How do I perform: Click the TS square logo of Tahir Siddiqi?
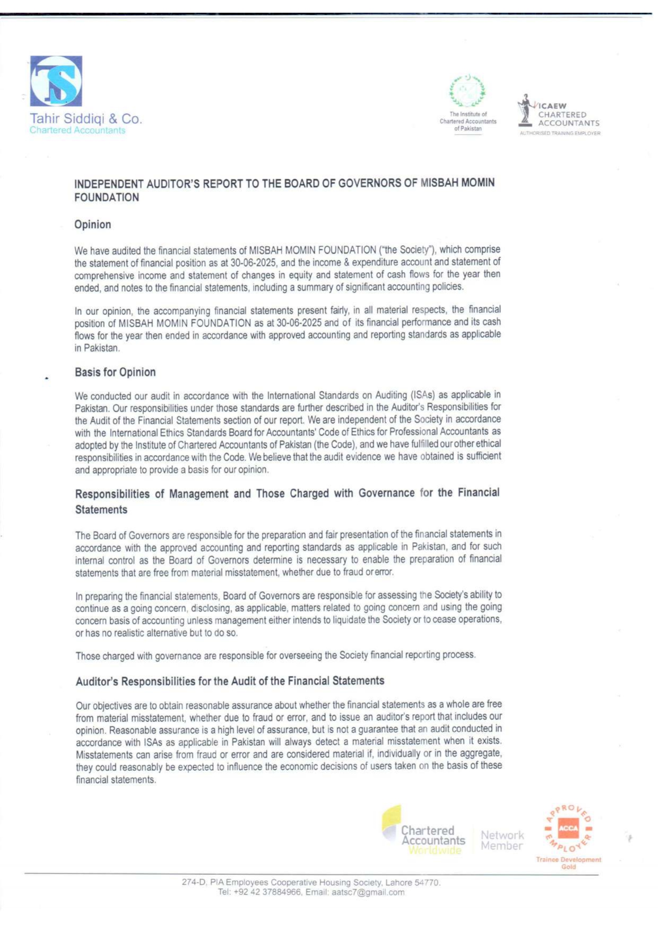[x=56, y=81]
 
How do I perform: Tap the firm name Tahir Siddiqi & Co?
[x=85, y=118]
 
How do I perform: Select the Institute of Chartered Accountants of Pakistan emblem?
[x=467, y=90]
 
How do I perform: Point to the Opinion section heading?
[x=93, y=224]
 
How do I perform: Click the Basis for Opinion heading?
[x=115, y=372]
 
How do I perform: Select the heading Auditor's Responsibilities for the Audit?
[x=230, y=681]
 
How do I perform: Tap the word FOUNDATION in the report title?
[x=107, y=197]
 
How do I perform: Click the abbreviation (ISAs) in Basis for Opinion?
[x=422, y=395]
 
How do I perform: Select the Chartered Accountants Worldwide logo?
[x=425, y=831]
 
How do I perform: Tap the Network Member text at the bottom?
[x=502, y=840]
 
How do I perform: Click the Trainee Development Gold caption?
[x=568, y=863]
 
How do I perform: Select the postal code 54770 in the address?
[x=427, y=882]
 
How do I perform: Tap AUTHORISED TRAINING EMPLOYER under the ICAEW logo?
[x=560, y=133]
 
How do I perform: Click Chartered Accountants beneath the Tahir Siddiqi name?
[x=77, y=130]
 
